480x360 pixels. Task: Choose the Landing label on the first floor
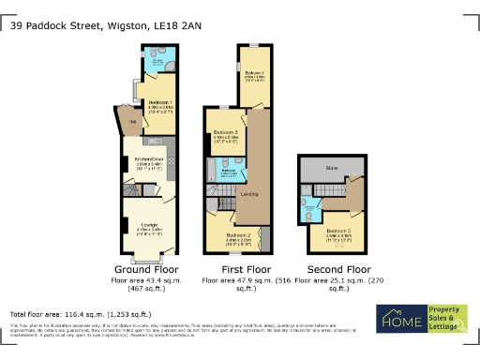(x=249, y=194)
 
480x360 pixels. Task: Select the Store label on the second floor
(x=331, y=168)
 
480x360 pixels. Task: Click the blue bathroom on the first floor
(x=228, y=170)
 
